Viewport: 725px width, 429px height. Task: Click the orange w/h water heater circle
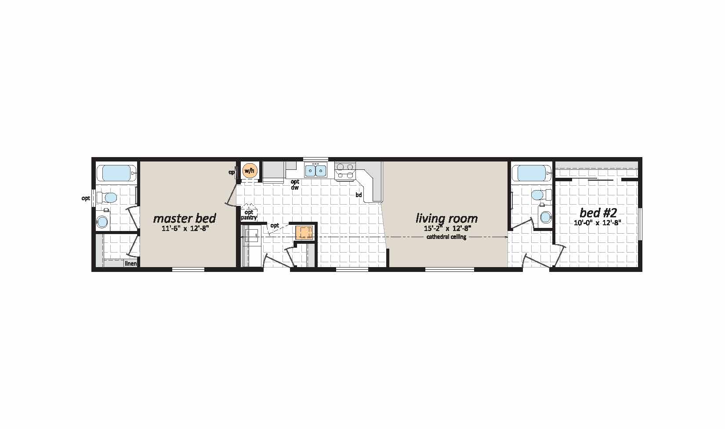pyautogui.click(x=249, y=171)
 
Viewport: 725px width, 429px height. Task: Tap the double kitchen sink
pyautogui.click(x=315, y=170)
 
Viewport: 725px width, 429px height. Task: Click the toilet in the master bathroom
pyautogui.click(x=108, y=197)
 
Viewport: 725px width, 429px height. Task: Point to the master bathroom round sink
pyautogui.click(x=103, y=222)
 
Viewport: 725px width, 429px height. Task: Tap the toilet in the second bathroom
pyautogui.click(x=541, y=195)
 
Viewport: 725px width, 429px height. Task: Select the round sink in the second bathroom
pyautogui.click(x=546, y=217)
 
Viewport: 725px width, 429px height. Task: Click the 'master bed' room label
pyautogui.click(x=185, y=218)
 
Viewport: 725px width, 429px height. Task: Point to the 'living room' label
pyautogui.click(x=447, y=218)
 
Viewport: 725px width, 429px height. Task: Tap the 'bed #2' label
pyautogui.click(x=598, y=213)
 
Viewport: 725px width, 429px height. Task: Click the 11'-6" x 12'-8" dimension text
pyautogui.click(x=185, y=228)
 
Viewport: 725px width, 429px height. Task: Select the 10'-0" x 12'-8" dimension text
pyautogui.click(x=598, y=223)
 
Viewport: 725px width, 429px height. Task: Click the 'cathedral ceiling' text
pyautogui.click(x=446, y=237)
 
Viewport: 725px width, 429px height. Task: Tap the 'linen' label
pyautogui.click(x=131, y=264)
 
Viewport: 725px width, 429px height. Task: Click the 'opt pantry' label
pyautogui.click(x=249, y=215)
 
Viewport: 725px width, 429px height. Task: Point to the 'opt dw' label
pyautogui.click(x=295, y=184)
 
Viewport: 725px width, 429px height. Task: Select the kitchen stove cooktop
pyautogui.click(x=345, y=171)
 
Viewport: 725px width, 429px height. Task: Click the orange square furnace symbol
pyautogui.click(x=304, y=233)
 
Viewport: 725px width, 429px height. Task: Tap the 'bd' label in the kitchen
pyautogui.click(x=359, y=195)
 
